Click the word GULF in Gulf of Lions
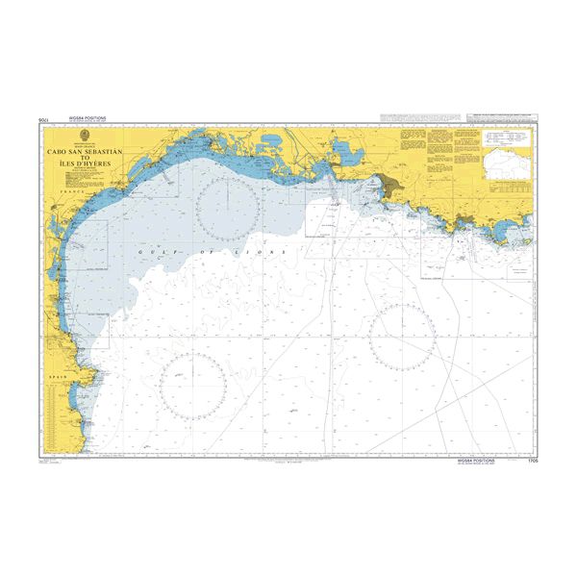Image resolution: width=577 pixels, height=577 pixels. point(151,250)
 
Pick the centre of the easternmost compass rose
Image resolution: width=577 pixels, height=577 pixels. point(403,338)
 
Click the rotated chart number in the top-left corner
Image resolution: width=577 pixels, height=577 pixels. point(42,121)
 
